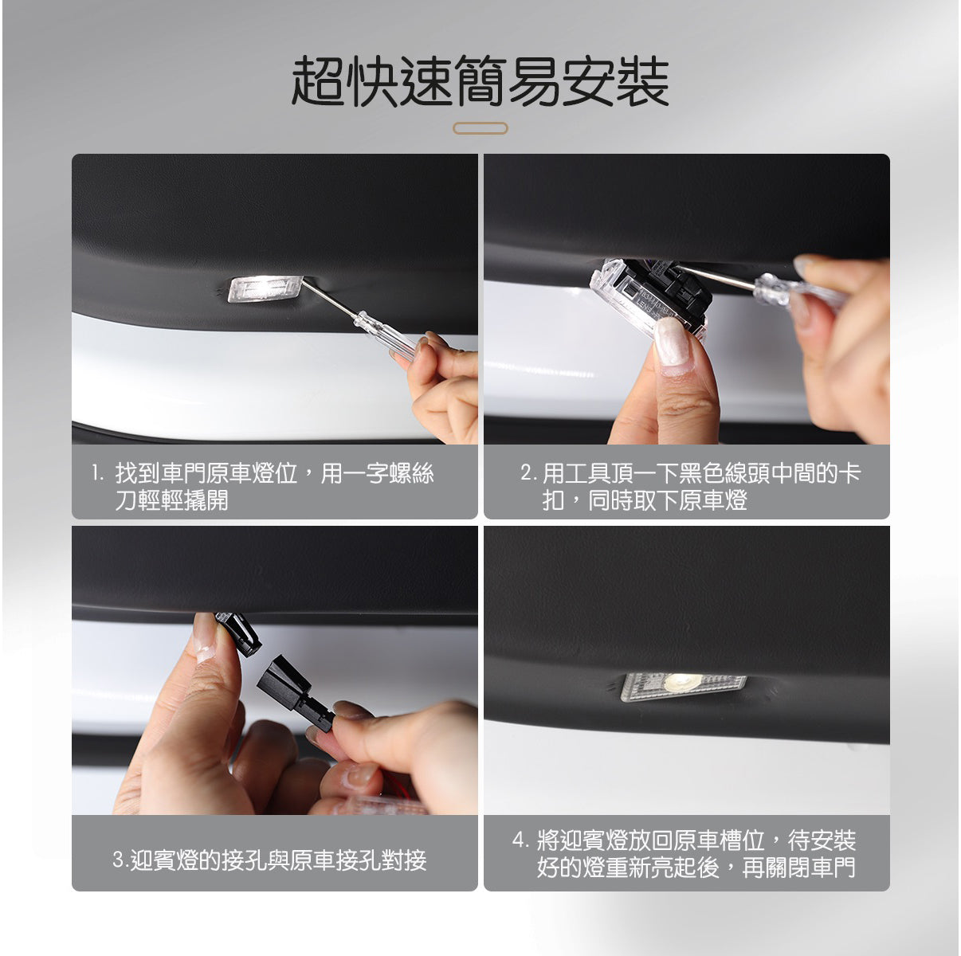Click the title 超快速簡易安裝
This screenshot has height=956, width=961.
point(480,82)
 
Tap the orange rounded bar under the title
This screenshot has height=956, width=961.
point(480,128)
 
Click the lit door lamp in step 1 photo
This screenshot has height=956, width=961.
point(265,288)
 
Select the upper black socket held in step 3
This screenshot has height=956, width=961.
point(239,633)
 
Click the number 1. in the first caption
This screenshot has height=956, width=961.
point(97,474)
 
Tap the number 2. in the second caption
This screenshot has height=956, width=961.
point(528,474)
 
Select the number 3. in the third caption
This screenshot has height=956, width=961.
point(120,860)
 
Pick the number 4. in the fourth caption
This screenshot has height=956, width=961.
point(520,840)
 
